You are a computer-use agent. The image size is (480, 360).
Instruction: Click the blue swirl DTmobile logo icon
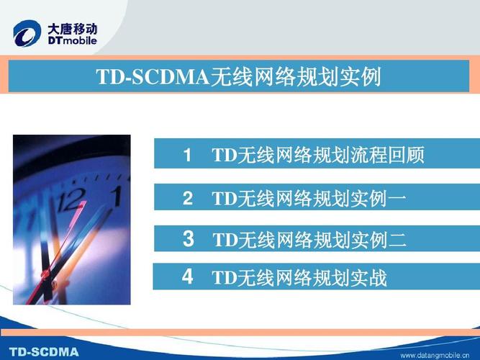[28, 33]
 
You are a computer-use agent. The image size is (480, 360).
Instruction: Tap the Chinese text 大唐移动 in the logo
[72, 27]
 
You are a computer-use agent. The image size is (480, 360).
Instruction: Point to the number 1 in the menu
[187, 155]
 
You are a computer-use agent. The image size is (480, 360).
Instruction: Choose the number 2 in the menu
[187, 199]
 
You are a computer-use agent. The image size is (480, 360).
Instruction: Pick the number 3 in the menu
[188, 239]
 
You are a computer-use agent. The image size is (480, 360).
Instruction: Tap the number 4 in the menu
[187, 277]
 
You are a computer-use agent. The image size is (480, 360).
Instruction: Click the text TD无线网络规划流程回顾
[317, 156]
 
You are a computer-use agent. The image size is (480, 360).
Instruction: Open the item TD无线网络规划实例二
[310, 240]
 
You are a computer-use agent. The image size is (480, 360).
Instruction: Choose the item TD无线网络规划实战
[299, 278]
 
